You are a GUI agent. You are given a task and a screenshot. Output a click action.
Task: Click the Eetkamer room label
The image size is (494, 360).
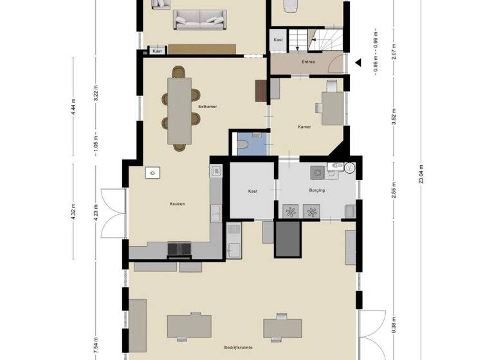207,106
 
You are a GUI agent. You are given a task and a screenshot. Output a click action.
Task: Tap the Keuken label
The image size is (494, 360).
177,204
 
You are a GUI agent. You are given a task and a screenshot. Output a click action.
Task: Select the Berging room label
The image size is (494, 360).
316,191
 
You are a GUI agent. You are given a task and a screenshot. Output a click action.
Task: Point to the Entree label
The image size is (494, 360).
308,62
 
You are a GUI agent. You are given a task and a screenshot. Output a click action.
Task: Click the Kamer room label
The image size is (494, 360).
304,127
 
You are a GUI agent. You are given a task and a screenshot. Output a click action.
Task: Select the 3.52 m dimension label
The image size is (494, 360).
394,116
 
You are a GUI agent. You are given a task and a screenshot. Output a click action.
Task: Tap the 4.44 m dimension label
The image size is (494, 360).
74,105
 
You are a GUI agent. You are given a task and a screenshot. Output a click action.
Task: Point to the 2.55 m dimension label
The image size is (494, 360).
394,192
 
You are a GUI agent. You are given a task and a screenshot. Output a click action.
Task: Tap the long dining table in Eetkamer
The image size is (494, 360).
179,110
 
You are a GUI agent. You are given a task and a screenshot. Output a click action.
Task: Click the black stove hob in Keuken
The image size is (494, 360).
179,248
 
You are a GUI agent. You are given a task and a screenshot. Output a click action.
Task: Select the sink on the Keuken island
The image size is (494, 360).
152,172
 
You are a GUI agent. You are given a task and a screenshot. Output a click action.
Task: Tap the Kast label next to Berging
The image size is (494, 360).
253,191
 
